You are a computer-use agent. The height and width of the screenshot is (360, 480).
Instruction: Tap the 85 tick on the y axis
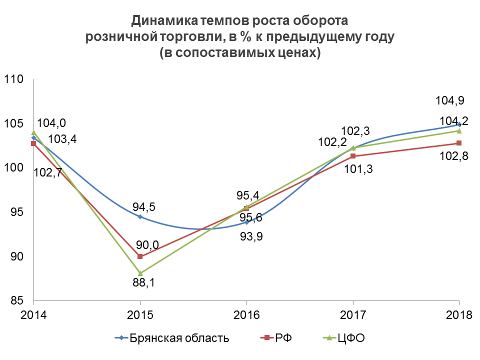pyautogui.click(x=16, y=301)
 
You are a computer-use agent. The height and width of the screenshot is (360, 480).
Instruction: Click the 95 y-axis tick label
pyautogui.click(x=16, y=212)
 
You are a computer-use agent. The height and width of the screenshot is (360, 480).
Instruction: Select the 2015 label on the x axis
pyautogui.click(x=140, y=315)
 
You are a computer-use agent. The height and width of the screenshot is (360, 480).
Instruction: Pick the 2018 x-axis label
pyautogui.click(x=459, y=315)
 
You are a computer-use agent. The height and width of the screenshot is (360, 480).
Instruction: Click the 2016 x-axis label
pyautogui.click(x=246, y=315)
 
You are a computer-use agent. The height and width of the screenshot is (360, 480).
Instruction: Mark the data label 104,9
pyautogui.click(x=450, y=100)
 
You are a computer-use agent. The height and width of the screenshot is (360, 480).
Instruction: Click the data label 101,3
pyautogui.click(x=359, y=169)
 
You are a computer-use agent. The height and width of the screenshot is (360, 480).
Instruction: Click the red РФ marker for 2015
pyautogui.click(x=140, y=256)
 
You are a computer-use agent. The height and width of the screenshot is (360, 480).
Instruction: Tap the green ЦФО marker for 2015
pyautogui.click(x=140, y=273)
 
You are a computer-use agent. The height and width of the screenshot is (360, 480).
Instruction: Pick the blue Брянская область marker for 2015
pyautogui.click(x=140, y=216)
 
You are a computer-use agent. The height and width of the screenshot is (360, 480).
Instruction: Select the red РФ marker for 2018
pyautogui.click(x=459, y=143)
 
